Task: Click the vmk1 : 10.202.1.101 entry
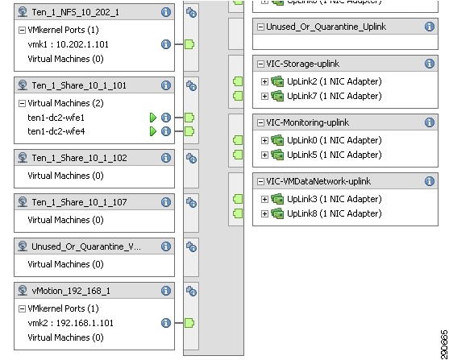pyautogui.click(x=69, y=44)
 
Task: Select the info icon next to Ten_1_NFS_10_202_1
pyautogui.click(x=166, y=12)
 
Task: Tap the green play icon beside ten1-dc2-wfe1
pyautogui.click(x=153, y=118)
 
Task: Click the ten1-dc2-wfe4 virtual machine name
pyautogui.click(x=56, y=131)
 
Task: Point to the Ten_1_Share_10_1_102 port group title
pyautogui.click(x=79, y=158)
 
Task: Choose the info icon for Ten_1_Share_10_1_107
pyautogui.click(x=166, y=202)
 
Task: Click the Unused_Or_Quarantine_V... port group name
pyautogui.click(x=86, y=246)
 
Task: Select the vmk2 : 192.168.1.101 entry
pyautogui.click(x=70, y=323)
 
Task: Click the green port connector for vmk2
pyautogui.click(x=189, y=323)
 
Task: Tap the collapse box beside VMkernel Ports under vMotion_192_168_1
pyautogui.click(x=22, y=308)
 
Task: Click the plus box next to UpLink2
pyautogui.click(x=264, y=81)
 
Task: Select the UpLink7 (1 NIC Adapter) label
pyautogui.click(x=335, y=96)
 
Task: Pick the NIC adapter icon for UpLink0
pyautogui.click(x=277, y=140)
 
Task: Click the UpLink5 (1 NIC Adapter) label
pyautogui.click(x=335, y=155)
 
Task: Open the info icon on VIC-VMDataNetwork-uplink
pyautogui.click(x=429, y=181)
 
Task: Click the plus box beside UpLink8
pyautogui.click(x=264, y=213)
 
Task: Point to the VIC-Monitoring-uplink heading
pyautogui.click(x=308, y=122)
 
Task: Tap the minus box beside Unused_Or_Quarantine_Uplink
pyautogui.click(x=260, y=27)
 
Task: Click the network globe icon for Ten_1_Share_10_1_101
pyautogui.click(x=23, y=85)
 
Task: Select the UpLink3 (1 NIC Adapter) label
pyautogui.click(x=335, y=199)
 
